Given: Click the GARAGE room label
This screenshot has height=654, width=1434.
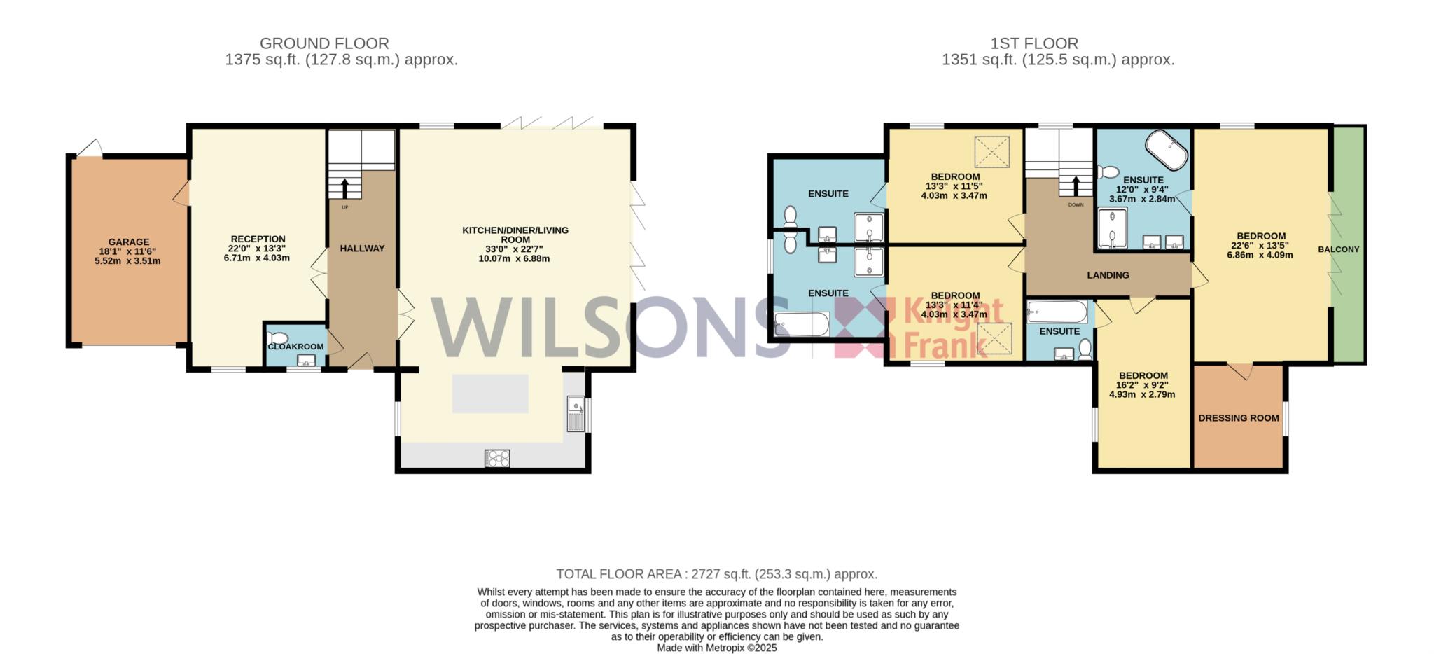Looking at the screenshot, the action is click(128, 242).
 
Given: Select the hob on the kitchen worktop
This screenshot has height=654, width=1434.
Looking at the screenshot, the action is click(497, 459).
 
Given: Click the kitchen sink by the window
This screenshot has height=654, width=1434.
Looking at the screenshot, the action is click(576, 413).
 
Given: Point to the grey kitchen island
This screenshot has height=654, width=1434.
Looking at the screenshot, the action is click(490, 394).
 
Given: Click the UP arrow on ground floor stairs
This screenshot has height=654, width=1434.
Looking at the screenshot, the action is click(344, 188).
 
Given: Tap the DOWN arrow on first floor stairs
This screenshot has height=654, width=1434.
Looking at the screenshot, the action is click(1075, 185).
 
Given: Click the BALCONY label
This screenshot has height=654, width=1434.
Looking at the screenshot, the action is click(1339, 249).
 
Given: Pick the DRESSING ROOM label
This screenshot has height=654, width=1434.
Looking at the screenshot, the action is click(1239, 418).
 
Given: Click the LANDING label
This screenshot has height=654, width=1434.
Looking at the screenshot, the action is click(1108, 275).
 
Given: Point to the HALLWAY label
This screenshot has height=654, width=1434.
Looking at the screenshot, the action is click(362, 248).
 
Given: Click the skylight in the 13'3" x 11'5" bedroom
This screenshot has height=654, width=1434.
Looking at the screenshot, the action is click(992, 151).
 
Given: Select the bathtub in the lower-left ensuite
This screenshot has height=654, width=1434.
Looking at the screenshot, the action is click(802, 324).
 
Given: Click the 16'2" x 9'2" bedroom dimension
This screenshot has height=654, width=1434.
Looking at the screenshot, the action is click(1143, 385).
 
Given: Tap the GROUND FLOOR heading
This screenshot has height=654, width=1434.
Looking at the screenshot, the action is click(324, 43).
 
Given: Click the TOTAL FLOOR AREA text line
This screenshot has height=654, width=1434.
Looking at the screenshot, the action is click(717, 574).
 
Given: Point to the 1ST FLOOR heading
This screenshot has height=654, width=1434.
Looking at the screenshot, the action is click(1034, 43).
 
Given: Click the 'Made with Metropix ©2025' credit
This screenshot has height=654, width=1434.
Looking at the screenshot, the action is click(717, 648).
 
